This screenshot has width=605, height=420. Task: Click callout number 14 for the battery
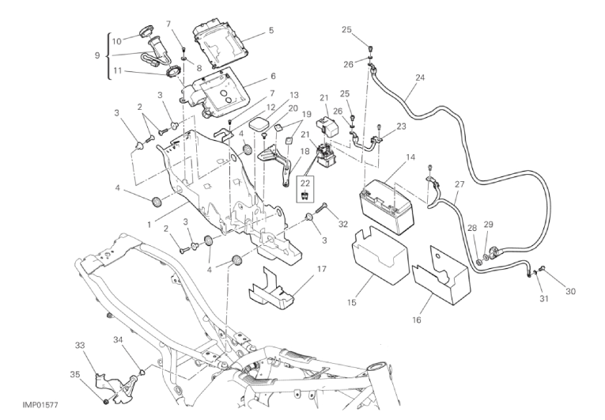click(x=410, y=157)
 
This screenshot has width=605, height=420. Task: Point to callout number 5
click(x=271, y=31)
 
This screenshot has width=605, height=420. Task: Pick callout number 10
click(x=115, y=40)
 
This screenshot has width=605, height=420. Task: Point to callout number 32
click(x=342, y=224)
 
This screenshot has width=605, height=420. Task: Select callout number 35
click(x=75, y=374)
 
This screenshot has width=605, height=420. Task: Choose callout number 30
click(x=570, y=291)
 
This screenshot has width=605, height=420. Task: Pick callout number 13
click(x=272, y=95)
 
